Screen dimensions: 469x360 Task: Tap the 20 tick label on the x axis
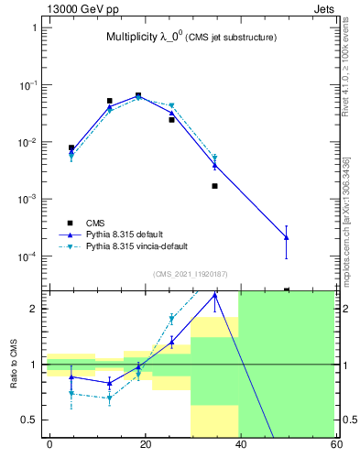pos(144,444)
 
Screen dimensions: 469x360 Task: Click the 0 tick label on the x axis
pos(49,444)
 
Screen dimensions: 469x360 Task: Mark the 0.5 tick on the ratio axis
pos(29,420)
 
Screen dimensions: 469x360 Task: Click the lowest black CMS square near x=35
pos(214,186)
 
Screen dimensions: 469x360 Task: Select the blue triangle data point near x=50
pos(287,237)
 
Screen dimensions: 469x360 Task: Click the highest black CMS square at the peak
pos(138,95)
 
